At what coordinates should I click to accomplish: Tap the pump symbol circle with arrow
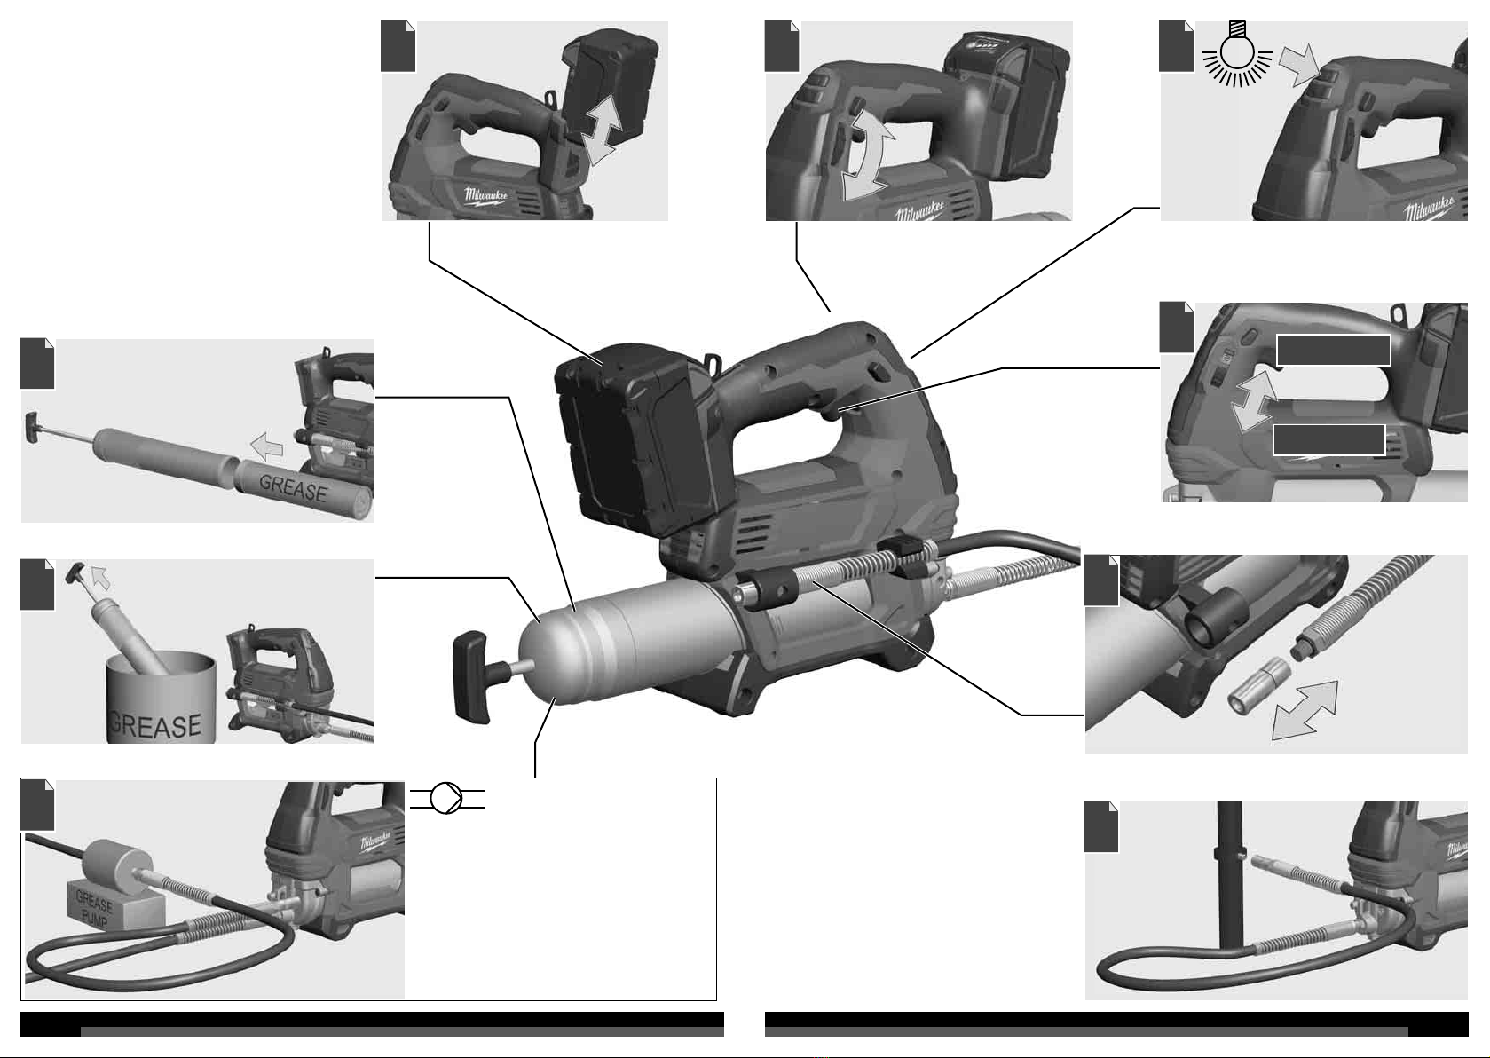pyautogui.click(x=446, y=798)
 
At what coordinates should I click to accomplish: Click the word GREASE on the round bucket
pyautogui.click(x=155, y=724)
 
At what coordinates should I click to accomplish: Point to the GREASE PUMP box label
pyautogui.click(x=94, y=910)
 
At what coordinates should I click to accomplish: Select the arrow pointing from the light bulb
pyautogui.click(x=1300, y=65)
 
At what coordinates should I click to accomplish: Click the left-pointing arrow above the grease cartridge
pyautogui.click(x=267, y=446)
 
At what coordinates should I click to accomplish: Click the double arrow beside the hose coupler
pyautogui.click(x=1305, y=710)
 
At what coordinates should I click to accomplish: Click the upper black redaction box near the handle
pyautogui.click(x=1333, y=350)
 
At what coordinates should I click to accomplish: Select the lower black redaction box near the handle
pyautogui.click(x=1328, y=440)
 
